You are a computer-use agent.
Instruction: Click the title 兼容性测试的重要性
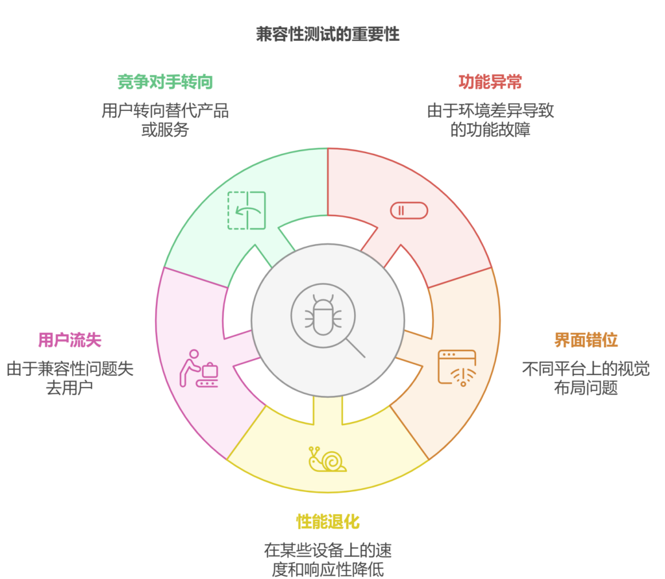328,34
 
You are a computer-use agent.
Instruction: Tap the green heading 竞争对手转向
165,82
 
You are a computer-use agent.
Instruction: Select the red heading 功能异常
490,82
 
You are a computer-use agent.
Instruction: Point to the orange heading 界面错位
586,339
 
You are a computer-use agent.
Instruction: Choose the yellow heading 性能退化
328,521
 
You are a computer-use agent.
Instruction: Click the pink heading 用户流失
69,339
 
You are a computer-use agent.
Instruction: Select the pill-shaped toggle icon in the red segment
409,210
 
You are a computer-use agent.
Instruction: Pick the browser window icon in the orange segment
457,367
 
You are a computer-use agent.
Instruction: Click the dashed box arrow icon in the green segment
246,210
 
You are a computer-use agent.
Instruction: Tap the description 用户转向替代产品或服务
165,119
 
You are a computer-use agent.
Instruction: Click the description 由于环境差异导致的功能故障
490,119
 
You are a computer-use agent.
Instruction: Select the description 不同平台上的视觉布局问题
586,378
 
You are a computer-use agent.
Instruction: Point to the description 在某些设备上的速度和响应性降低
328,560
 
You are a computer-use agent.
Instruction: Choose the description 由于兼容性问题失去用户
69,378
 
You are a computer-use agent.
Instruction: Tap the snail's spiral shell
332,461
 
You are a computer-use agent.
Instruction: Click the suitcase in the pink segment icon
210,371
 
